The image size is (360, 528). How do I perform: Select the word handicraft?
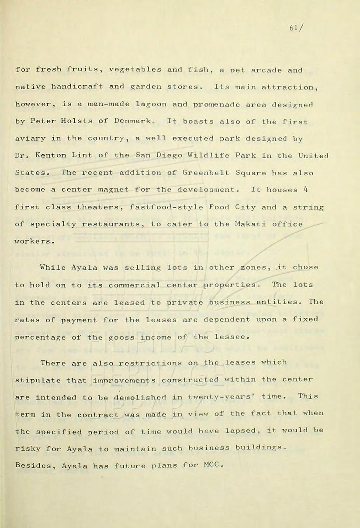click(x=73, y=87)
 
